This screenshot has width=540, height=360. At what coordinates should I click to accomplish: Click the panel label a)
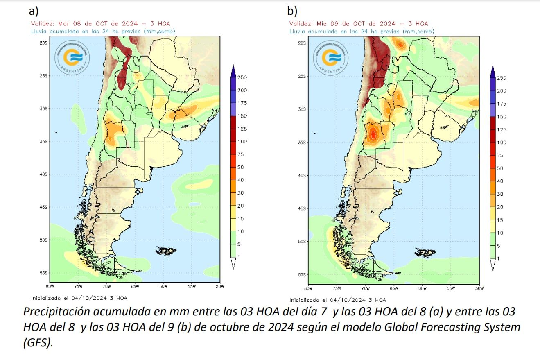pyautogui.click(x=34, y=11)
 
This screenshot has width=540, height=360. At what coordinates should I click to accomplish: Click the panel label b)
pyautogui.click(x=292, y=11)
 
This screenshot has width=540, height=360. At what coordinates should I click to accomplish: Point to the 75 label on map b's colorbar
pyautogui.click(x=501, y=156)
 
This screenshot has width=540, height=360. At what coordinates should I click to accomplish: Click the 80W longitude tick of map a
pyautogui.click(x=50, y=287)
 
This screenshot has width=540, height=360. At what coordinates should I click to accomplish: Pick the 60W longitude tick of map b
pyautogui.click(x=423, y=289)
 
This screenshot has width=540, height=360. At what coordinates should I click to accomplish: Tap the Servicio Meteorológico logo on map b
pyautogui.click(x=332, y=58)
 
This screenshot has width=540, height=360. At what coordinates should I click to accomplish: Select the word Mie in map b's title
pyautogui.click(x=323, y=24)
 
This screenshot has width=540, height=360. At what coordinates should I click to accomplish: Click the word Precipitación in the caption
pyautogui.click(x=51, y=312)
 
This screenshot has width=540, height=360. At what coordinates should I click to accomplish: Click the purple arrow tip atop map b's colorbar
pyautogui.click(x=493, y=68)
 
